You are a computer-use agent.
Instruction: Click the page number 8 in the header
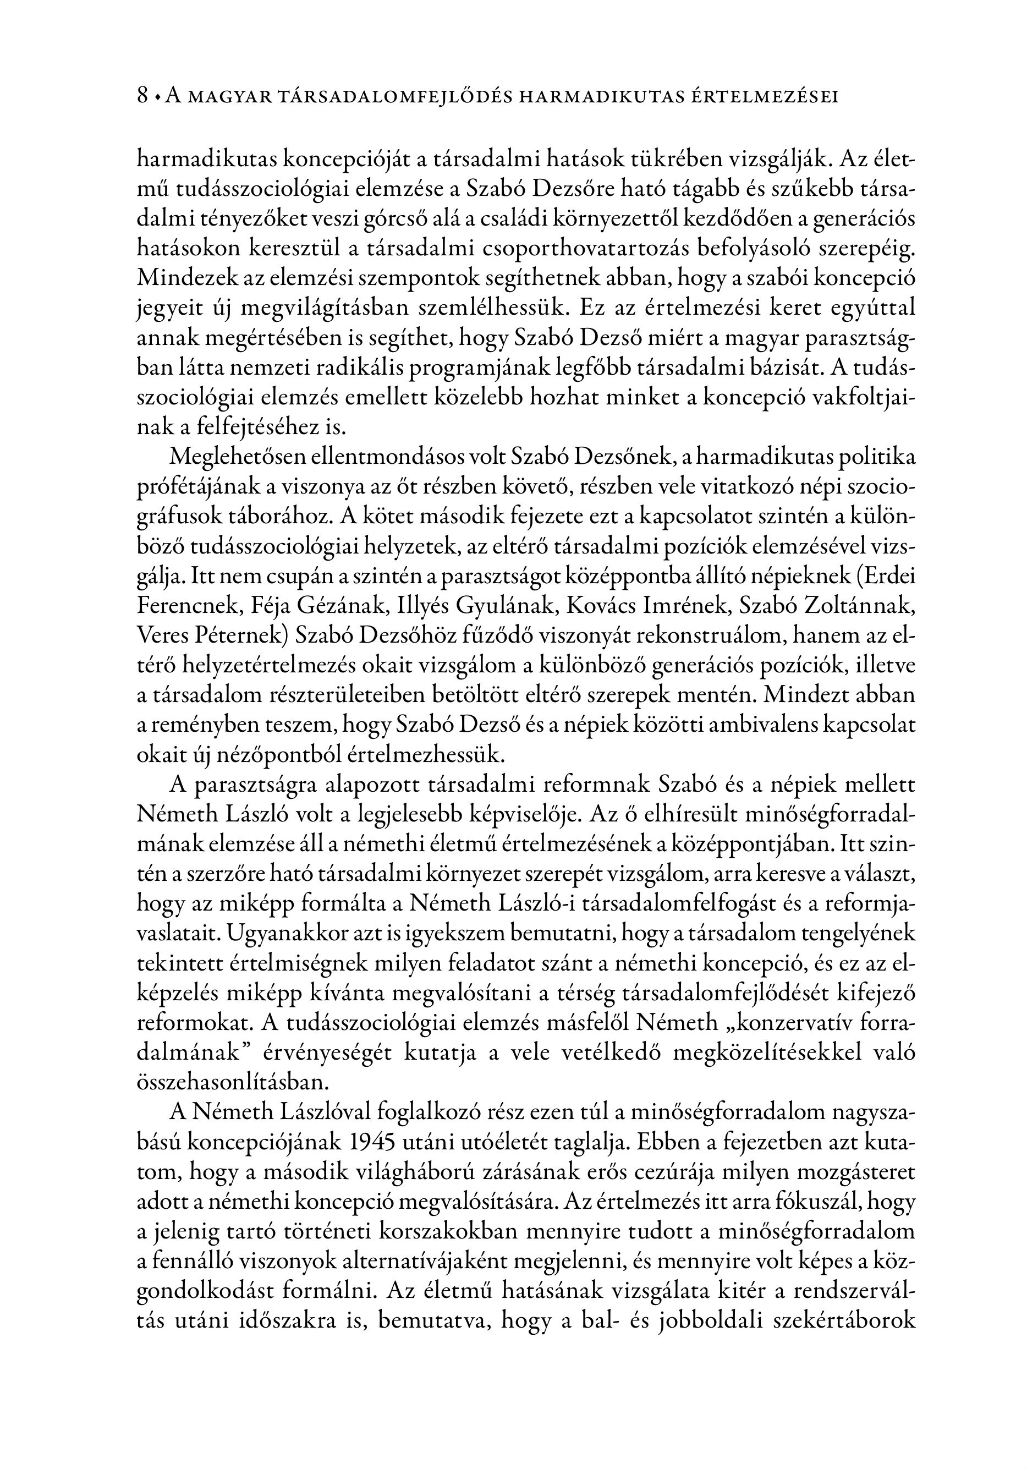tap(142, 96)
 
